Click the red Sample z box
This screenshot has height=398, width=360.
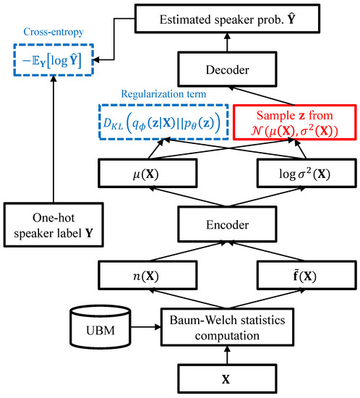(x=294, y=125)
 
